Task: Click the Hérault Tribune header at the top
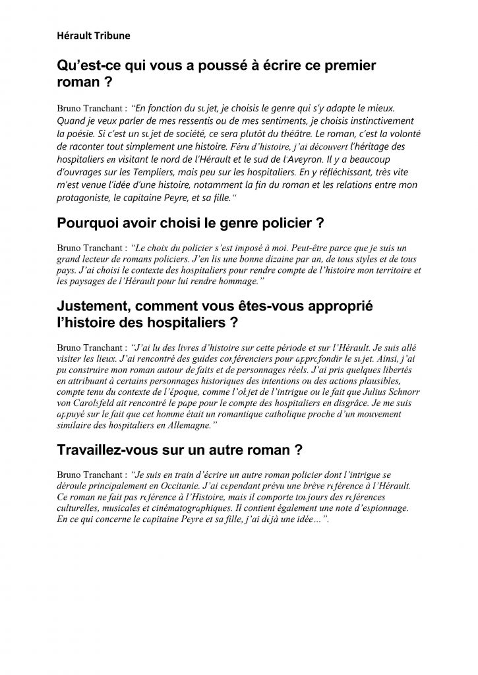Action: tap(93, 36)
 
